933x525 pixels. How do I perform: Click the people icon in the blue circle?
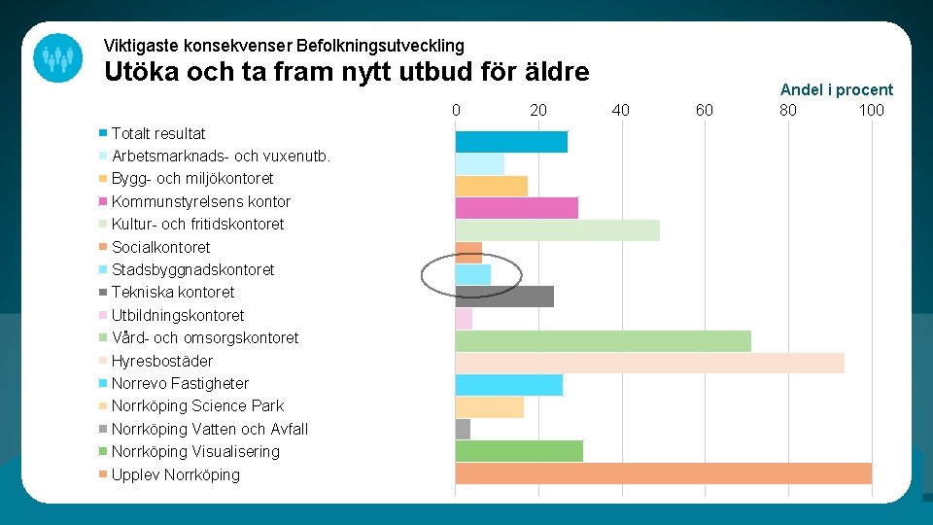click(57, 58)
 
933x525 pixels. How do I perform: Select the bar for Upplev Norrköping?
click(663, 473)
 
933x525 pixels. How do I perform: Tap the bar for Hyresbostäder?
click(649, 362)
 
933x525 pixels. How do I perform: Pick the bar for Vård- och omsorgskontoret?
click(603, 340)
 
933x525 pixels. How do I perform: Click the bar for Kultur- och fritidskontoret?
click(557, 229)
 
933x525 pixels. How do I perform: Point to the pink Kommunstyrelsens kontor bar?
click(516, 207)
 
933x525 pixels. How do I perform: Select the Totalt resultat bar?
click(511, 142)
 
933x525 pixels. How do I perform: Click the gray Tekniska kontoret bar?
click(504, 296)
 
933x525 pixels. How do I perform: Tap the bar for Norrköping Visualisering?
click(519, 451)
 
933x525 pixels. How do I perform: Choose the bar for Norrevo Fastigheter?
click(508, 385)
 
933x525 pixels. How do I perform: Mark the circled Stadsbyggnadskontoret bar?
click(473, 274)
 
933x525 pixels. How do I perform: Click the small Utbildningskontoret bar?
click(464, 318)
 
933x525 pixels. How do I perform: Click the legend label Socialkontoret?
click(160, 247)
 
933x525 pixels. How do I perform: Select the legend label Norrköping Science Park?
click(197, 405)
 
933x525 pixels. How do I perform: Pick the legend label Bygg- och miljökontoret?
click(192, 178)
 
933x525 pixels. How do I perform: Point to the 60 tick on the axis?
click(705, 110)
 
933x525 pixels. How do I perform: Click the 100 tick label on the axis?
click(871, 110)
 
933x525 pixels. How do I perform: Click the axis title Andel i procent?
click(836, 89)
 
